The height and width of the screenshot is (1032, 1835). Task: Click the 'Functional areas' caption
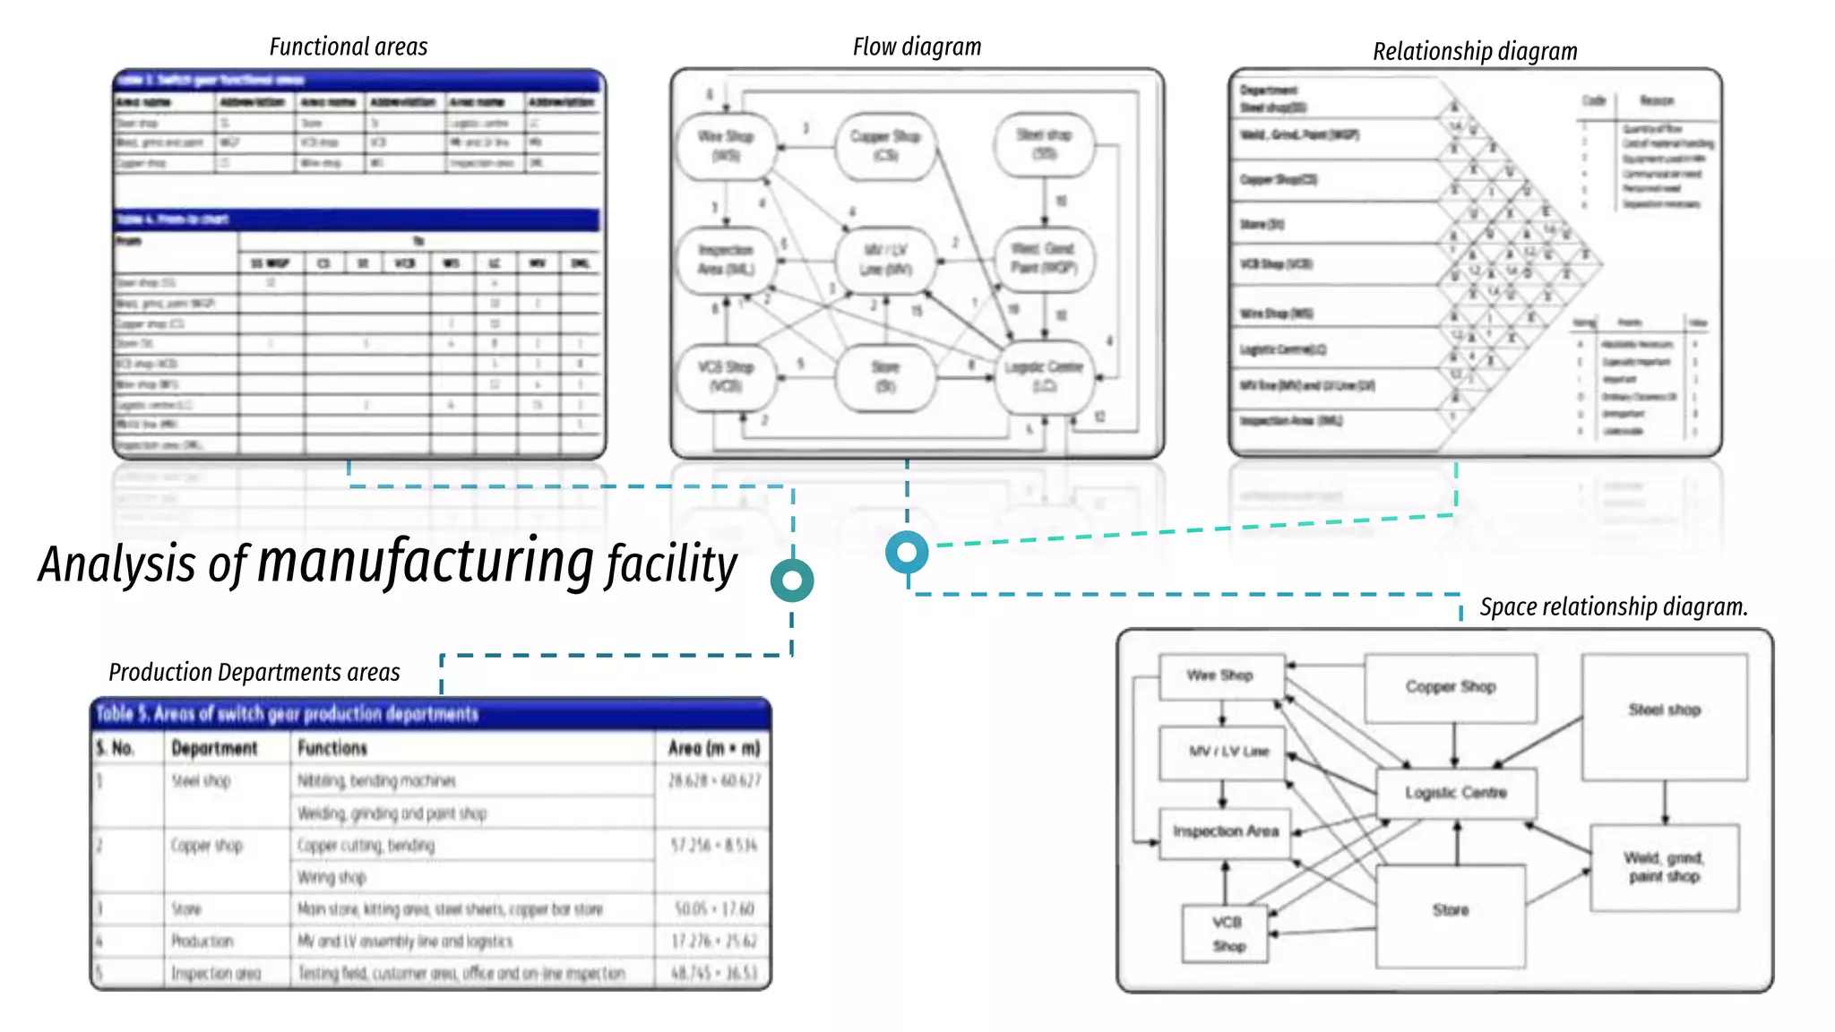point(349,47)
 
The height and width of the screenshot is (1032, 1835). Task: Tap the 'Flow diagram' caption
point(917,47)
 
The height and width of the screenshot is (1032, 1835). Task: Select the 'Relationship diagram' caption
point(1475,52)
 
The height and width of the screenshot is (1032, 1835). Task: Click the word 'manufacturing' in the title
point(426,562)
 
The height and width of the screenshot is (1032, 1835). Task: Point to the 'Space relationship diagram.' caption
point(1613,607)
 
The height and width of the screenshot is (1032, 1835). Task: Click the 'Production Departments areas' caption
point(254,672)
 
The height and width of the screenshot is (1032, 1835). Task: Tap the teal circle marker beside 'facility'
point(792,580)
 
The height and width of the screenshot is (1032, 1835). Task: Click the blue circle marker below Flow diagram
point(907,552)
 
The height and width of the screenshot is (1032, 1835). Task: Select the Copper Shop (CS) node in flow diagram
point(885,145)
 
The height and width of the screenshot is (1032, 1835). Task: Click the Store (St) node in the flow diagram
point(885,376)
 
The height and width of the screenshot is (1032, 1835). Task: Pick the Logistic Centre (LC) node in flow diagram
point(1044,376)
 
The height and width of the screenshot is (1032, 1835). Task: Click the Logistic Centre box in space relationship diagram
point(1456,793)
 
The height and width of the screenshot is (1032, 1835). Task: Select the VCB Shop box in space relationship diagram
point(1227,933)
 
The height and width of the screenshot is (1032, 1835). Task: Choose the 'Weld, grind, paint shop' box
point(1664,867)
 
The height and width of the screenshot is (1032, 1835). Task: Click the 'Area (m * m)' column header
point(713,748)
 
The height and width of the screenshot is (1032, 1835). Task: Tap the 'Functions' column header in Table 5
point(332,748)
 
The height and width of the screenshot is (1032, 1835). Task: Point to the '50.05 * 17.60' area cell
point(714,909)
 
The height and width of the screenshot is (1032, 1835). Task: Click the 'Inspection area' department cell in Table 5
point(216,974)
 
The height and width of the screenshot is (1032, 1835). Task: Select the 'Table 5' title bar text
point(287,714)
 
